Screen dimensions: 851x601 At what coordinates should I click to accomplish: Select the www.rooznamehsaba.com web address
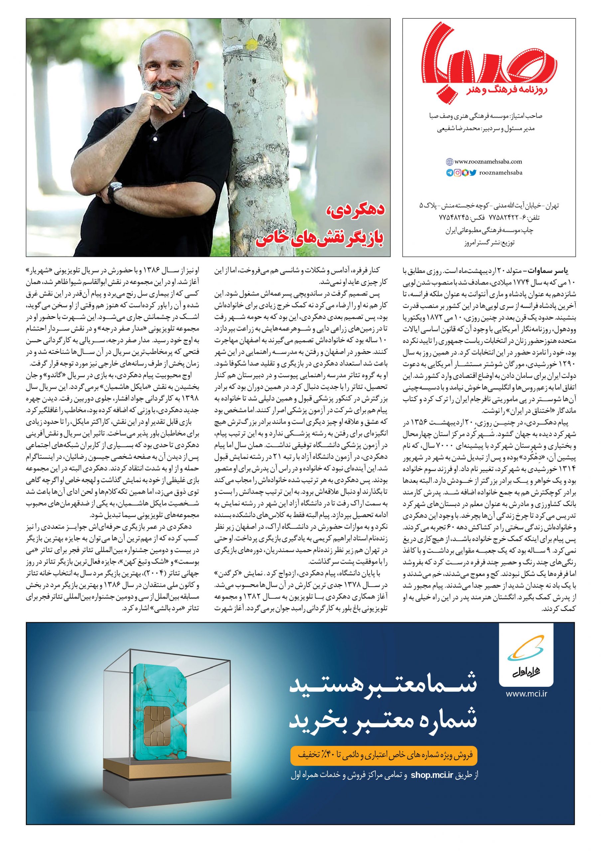pyautogui.click(x=483, y=162)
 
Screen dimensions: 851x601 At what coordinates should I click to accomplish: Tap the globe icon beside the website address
pyautogui.click(x=449, y=162)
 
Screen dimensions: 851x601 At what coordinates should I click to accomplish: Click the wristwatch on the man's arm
pyautogui.click(x=113, y=190)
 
